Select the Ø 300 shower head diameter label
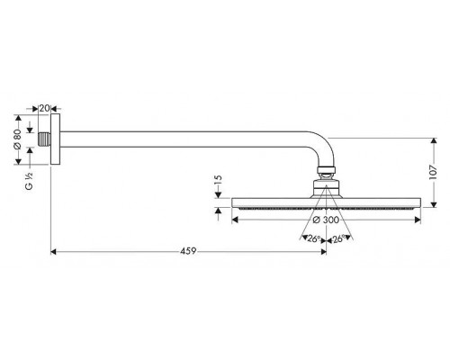point(325,219)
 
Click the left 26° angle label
point(312,238)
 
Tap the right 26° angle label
point(340,238)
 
